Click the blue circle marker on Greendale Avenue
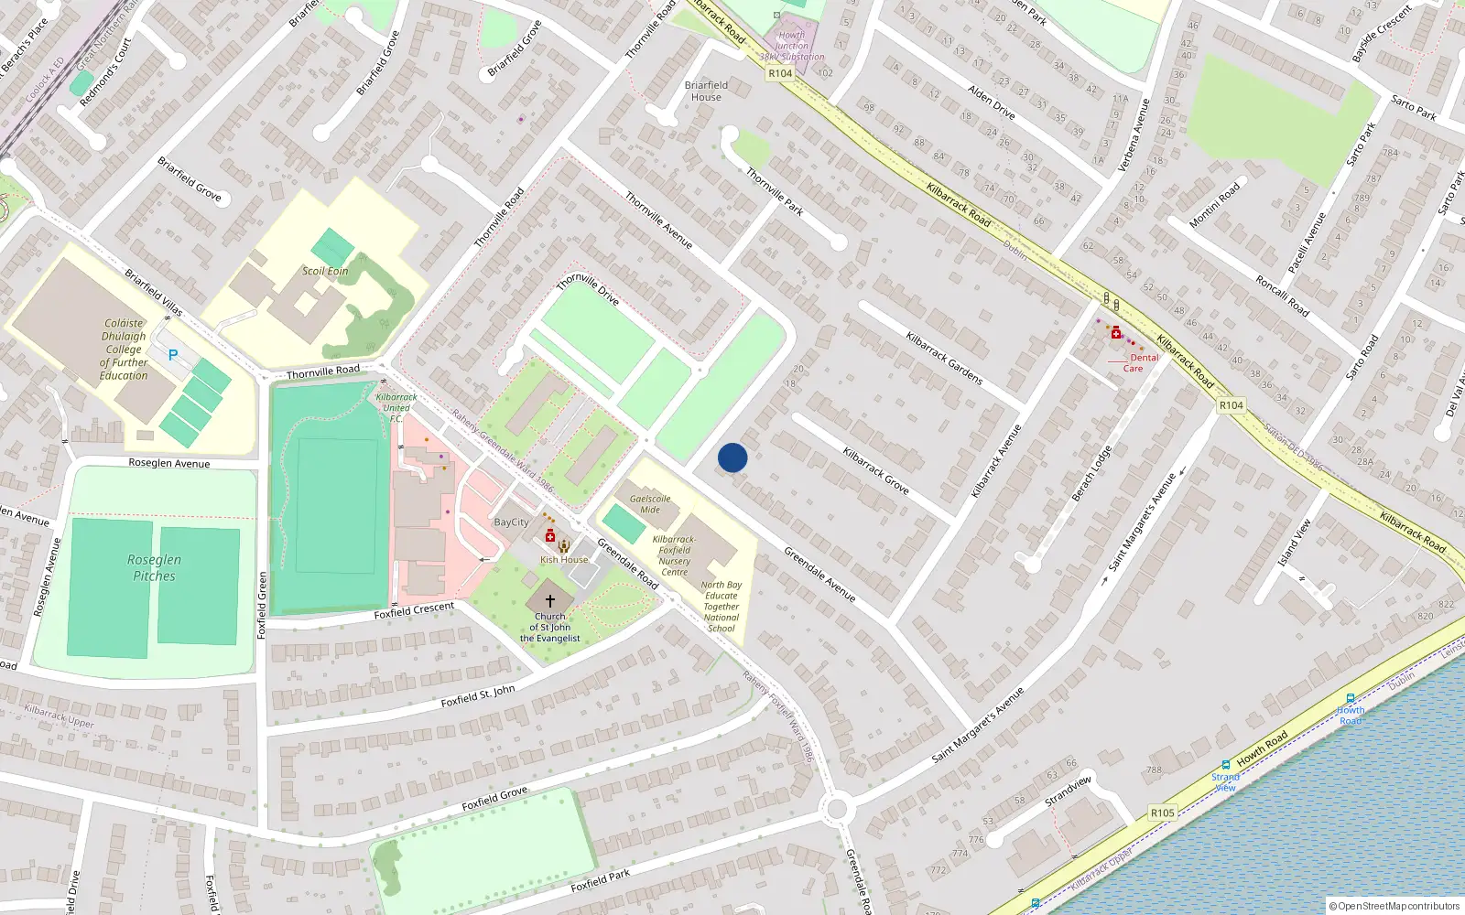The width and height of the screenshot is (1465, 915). [732, 457]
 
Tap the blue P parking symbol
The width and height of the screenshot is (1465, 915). [172, 355]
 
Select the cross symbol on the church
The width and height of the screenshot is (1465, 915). [550, 601]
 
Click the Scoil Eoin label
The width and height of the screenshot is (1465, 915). [325, 271]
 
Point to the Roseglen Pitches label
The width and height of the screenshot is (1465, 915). [154, 567]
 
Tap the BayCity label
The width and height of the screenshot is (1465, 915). [511, 522]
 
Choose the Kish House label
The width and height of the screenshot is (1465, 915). [564, 559]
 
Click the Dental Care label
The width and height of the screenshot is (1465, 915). [1139, 363]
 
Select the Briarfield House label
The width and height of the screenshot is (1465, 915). [706, 91]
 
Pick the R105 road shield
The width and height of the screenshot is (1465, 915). [1162, 813]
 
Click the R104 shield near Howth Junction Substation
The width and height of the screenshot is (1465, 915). [780, 73]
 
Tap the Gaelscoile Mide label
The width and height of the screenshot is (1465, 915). [650, 504]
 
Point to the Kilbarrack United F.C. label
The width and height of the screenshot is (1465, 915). [396, 407]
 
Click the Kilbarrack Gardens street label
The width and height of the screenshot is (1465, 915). [944, 358]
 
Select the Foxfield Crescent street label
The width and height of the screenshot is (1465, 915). [414, 610]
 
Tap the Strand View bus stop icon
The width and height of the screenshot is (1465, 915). [1225, 765]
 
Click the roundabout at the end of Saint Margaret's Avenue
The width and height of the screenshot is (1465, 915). [835, 809]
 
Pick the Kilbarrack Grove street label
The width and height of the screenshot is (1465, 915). [875, 471]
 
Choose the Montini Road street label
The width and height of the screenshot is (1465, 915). [1214, 205]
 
